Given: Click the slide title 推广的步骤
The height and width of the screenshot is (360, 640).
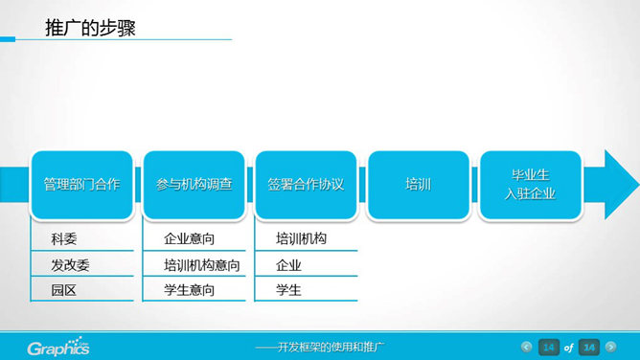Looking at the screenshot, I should tap(90, 28).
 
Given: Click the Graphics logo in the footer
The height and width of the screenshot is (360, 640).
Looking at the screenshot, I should tap(58, 347).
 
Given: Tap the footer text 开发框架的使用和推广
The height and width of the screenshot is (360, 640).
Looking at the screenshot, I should tap(327, 346).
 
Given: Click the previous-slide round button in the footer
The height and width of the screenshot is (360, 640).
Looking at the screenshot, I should tap(526, 346).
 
